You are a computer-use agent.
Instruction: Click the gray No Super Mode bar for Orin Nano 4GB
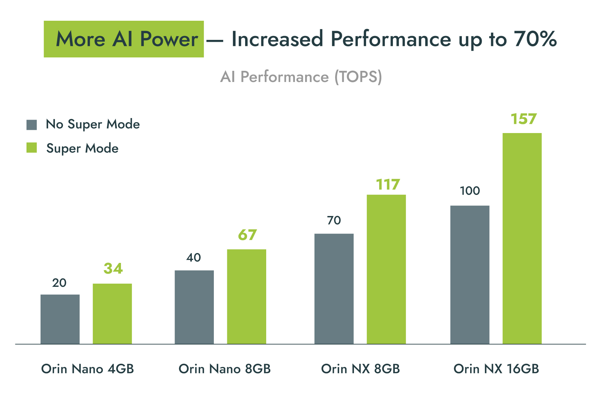pyautogui.click(x=60, y=319)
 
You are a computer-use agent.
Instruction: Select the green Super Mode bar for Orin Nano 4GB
pyautogui.click(x=112, y=314)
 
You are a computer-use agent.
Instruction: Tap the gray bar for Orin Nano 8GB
pyautogui.click(x=194, y=307)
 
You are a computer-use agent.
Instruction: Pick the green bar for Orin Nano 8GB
pyautogui.click(x=246, y=296)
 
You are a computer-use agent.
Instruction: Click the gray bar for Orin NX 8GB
pyautogui.click(x=334, y=289)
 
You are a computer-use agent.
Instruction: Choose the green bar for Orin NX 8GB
pyautogui.click(x=386, y=269)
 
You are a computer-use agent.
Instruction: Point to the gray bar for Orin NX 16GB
pyautogui.click(x=470, y=275)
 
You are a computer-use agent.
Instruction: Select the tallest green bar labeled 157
pyautogui.click(x=522, y=238)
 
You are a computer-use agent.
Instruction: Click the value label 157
pyautogui.click(x=524, y=119)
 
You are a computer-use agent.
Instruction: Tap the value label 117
pyautogui.click(x=388, y=185)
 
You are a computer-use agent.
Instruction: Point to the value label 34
pyautogui.click(x=113, y=268)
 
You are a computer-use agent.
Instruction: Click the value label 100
pyautogui.click(x=470, y=191)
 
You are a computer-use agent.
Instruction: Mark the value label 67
pyautogui.click(x=247, y=235)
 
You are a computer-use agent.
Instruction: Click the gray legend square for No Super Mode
pyautogui.click(x=32, y=125)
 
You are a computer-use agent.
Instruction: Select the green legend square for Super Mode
pyautogui.click(x=32, y=148)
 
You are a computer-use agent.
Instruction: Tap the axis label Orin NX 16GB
pyautogui.click(x=496, y=369)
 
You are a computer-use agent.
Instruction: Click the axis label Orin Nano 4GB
pyautogui.click(x=87, y=369)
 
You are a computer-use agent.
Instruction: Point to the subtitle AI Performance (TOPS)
pyautogui.click(x=301, y=77)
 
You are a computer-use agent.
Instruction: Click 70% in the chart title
pyautogui.click(x=535, y=39)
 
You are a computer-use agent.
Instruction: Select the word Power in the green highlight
pyautogui.click(x=169, y=39)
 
